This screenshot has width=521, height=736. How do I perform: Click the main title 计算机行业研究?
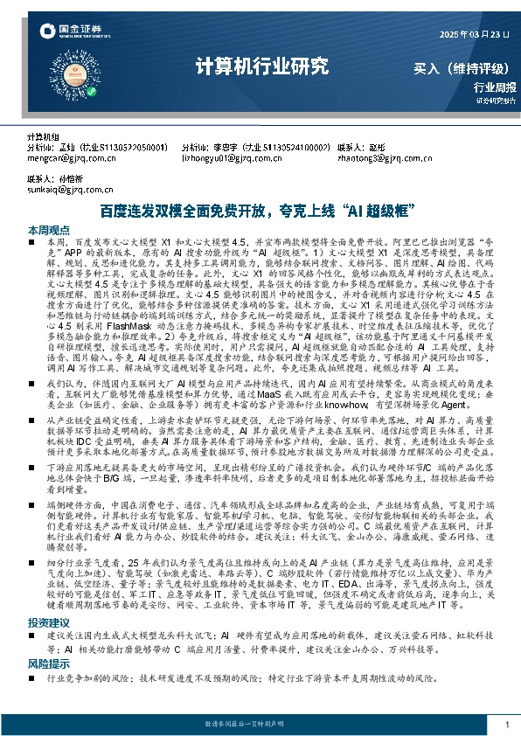(x=261, y=66)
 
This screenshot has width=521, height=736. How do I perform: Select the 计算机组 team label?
(x=43, y=138)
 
